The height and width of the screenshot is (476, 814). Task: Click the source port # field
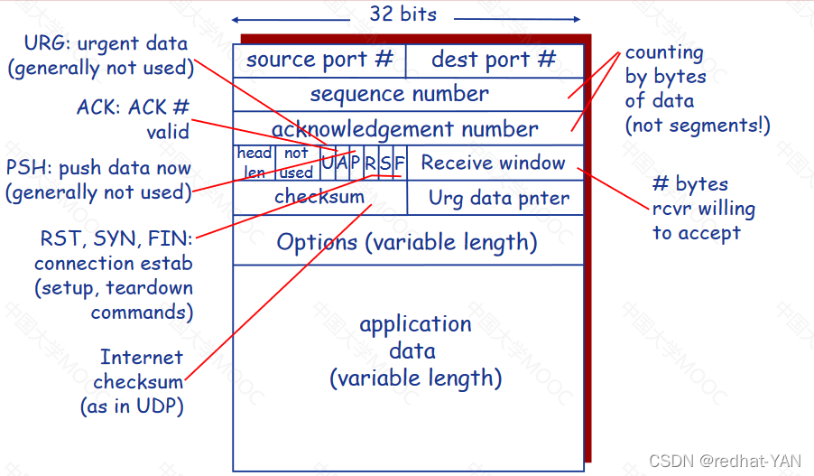click(319, 61)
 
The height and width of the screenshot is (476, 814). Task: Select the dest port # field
click(494, 61)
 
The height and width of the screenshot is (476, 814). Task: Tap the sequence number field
click(399, 94)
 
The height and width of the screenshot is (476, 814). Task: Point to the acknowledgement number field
click(404, 129)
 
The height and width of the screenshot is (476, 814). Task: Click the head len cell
click(254, 163)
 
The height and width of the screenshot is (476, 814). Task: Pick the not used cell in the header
click(296, 163)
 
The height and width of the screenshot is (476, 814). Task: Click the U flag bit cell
click(328, 163)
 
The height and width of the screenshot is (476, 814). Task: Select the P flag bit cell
click(356, 163)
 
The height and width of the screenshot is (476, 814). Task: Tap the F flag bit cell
click(400, 163)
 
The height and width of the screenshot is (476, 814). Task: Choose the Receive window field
click(494, 163)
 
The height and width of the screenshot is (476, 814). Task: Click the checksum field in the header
click(319, 197)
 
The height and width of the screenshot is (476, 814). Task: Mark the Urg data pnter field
click(499, 198)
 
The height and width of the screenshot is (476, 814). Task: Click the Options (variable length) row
click(407, 242)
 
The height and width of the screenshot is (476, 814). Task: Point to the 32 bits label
click(402, 14)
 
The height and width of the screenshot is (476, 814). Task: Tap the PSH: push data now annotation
click(99, 180)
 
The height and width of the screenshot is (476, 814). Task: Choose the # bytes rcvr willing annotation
click(703, 209)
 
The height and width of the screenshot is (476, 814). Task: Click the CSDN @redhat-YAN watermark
click(725, 461)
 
